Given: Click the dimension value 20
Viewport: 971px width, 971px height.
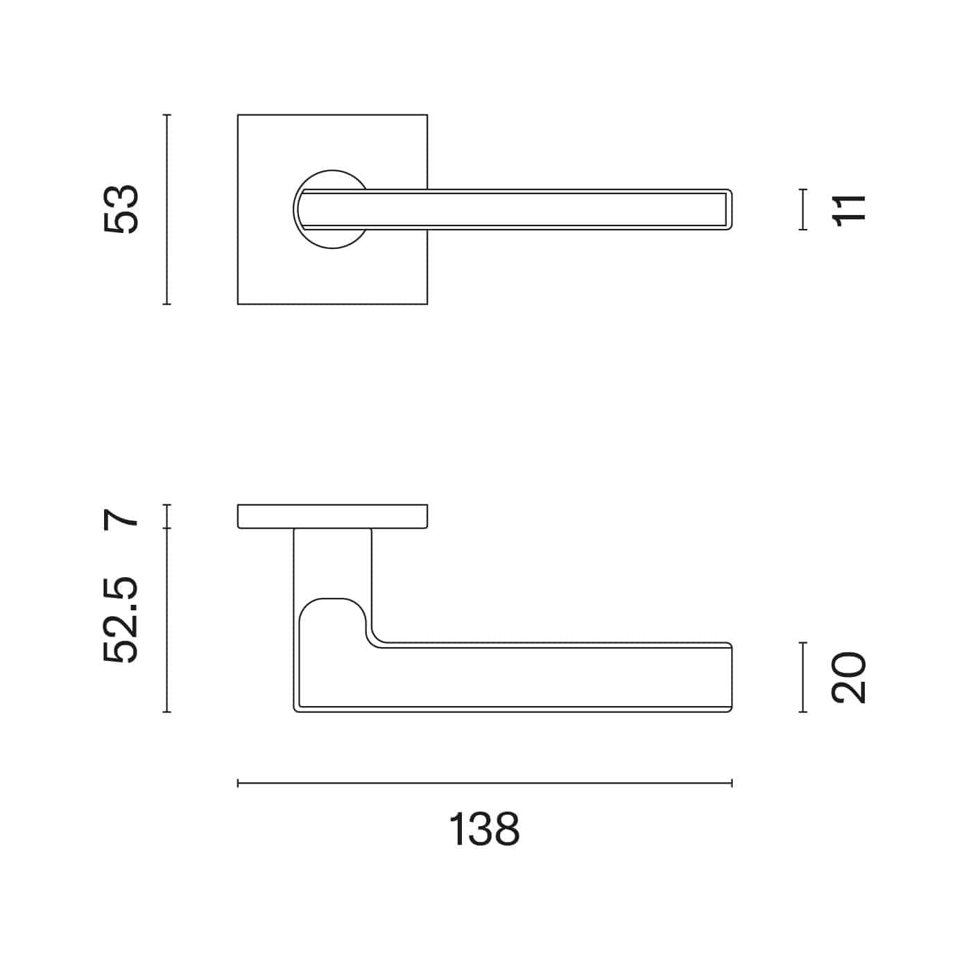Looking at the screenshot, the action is tap(848, 677).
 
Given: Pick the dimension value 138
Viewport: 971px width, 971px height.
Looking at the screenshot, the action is tap(483, 830).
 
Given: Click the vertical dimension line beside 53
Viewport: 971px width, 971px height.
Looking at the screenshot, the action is tap(166, 209).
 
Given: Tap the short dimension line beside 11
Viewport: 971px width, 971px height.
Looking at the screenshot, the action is tap(803, 209).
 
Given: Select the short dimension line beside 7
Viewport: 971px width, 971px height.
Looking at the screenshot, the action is tap(166, 517).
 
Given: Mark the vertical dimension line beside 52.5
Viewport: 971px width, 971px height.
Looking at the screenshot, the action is tap(166, 620).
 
